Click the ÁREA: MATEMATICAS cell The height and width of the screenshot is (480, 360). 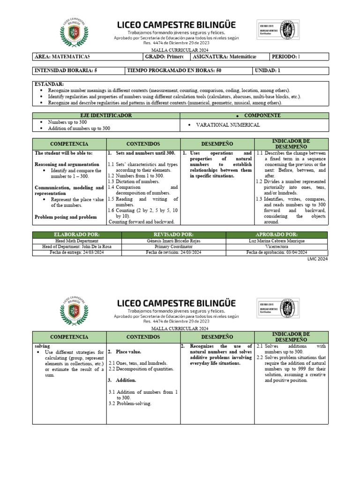(62, 57)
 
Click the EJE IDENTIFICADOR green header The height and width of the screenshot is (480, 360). (106, 115)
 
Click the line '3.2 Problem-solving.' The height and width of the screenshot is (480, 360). (130, 404)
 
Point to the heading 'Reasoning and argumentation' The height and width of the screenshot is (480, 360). (67, 165)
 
